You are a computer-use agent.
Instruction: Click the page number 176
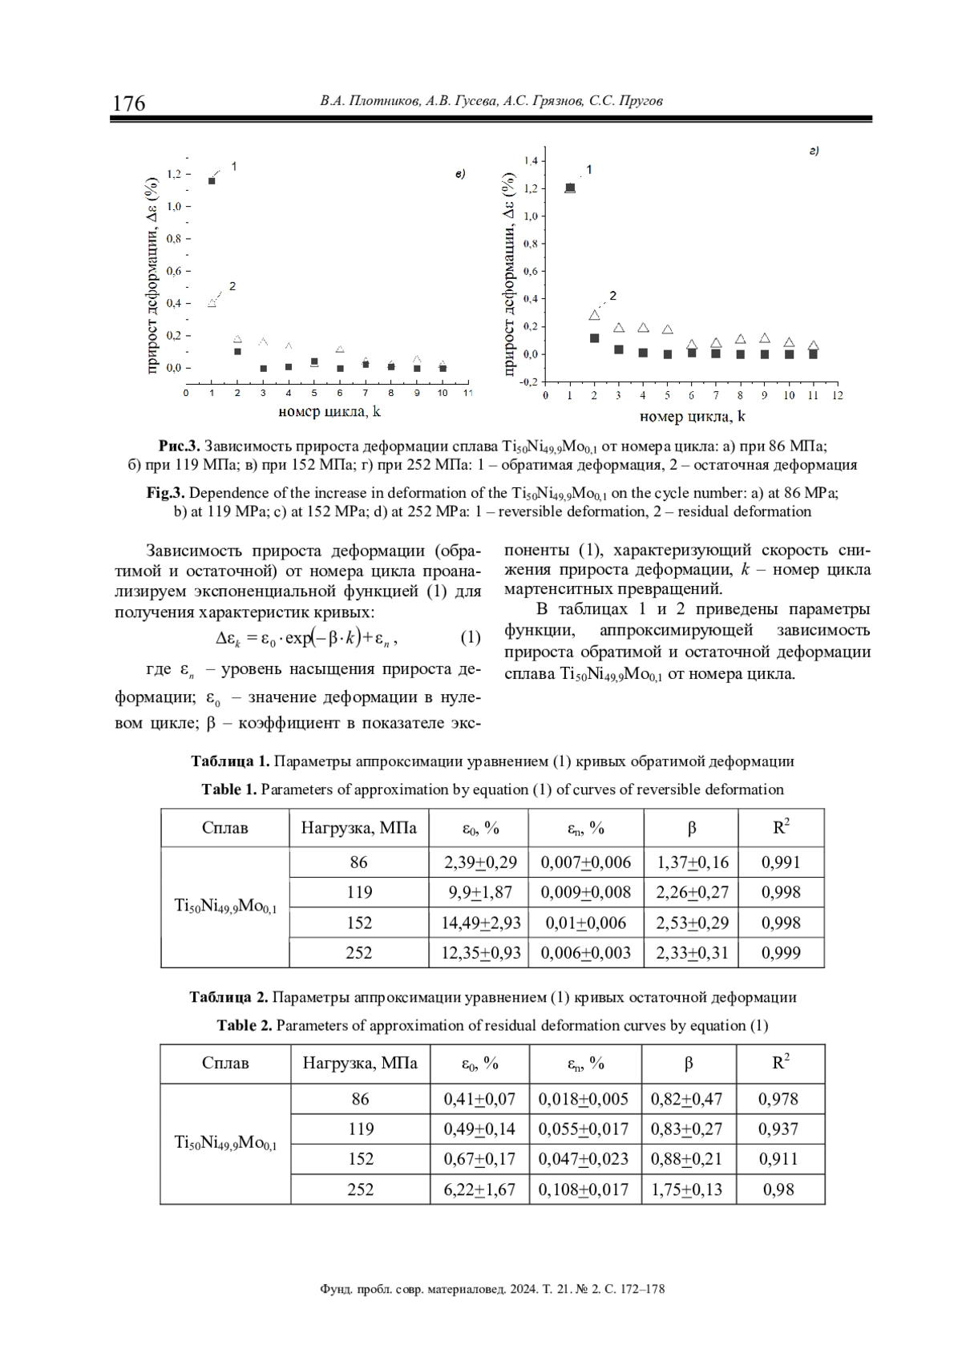click(x=129, y=103)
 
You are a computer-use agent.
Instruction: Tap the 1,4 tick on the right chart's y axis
click(x=531, y=161)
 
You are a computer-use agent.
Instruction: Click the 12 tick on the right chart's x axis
click(x=837, y=395)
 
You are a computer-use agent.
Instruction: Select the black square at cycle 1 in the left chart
click(x=212, y=181)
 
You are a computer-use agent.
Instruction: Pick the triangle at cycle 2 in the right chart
click(x=594, y=315)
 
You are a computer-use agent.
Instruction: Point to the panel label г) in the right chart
click(x=813, y=151)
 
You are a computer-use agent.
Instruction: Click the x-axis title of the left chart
click(x=329, y=412)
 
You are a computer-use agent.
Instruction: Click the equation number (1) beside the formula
click(x=470, y=638)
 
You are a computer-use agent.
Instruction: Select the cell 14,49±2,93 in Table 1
click(x=480, y=923)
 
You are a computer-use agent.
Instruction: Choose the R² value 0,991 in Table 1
click(x=780, y=862)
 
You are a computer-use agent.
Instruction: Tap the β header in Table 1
click(x=691, y=828)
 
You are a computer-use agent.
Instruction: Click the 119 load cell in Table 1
click(x=359, y=892)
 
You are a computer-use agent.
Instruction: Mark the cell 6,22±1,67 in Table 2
click(x=479, y=1189)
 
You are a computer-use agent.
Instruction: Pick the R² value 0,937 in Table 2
click(x=778, y=1129)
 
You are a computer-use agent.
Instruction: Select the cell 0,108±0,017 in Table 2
click(x=584, y=1189)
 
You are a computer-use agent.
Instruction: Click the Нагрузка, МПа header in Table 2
click(x=360, y=1064)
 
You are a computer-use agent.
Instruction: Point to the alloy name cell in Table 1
click(x=225, y=907)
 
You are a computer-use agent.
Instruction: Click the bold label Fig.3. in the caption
click(x=166, y=493)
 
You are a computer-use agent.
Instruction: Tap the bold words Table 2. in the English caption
click(x=245, y=1025)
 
